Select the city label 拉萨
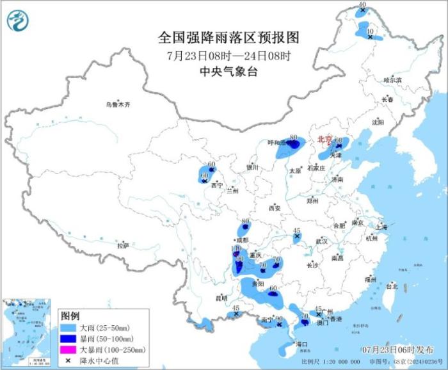123,245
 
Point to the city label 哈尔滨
392,80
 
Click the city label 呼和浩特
276,143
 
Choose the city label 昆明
221,298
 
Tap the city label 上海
382,227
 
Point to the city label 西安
275,208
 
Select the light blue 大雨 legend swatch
68,327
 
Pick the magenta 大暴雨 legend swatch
68,350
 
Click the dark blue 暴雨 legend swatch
68,338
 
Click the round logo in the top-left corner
18,21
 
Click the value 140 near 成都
235,248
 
